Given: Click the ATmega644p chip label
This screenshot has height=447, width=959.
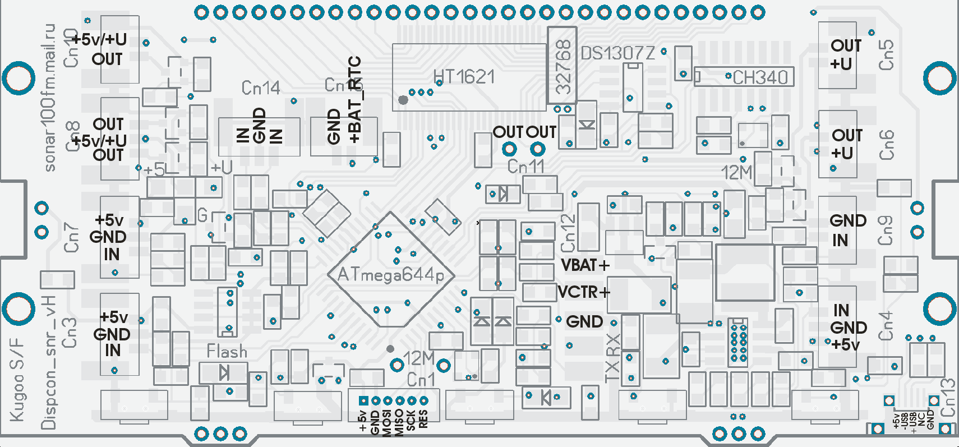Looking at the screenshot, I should (x=391, y=275).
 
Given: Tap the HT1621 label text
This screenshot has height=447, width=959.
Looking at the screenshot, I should (x=464, y=76).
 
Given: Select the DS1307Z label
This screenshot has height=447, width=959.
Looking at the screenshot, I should (x=617, y=53).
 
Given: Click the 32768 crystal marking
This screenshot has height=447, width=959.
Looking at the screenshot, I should (x=563, y=67).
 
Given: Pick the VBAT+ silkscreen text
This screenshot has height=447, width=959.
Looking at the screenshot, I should (x=585, y=265).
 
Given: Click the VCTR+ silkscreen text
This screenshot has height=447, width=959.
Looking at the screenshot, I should (x=584, y=292).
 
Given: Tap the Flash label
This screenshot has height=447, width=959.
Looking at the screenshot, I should (x=227, y=352).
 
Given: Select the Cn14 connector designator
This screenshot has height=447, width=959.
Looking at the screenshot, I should (x=260, y=87).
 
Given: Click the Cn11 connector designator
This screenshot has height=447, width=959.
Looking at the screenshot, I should (x=525, y=167).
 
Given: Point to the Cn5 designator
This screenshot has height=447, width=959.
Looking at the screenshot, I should (x=886, y=55).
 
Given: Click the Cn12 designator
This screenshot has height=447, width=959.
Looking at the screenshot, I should (x=568, y=233).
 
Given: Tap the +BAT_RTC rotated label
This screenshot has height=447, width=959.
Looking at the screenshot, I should (x=354, y=100).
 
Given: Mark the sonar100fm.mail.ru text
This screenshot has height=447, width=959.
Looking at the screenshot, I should (x=50, y=98).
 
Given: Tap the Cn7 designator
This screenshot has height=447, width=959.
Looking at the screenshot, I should (x=71, y=237).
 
